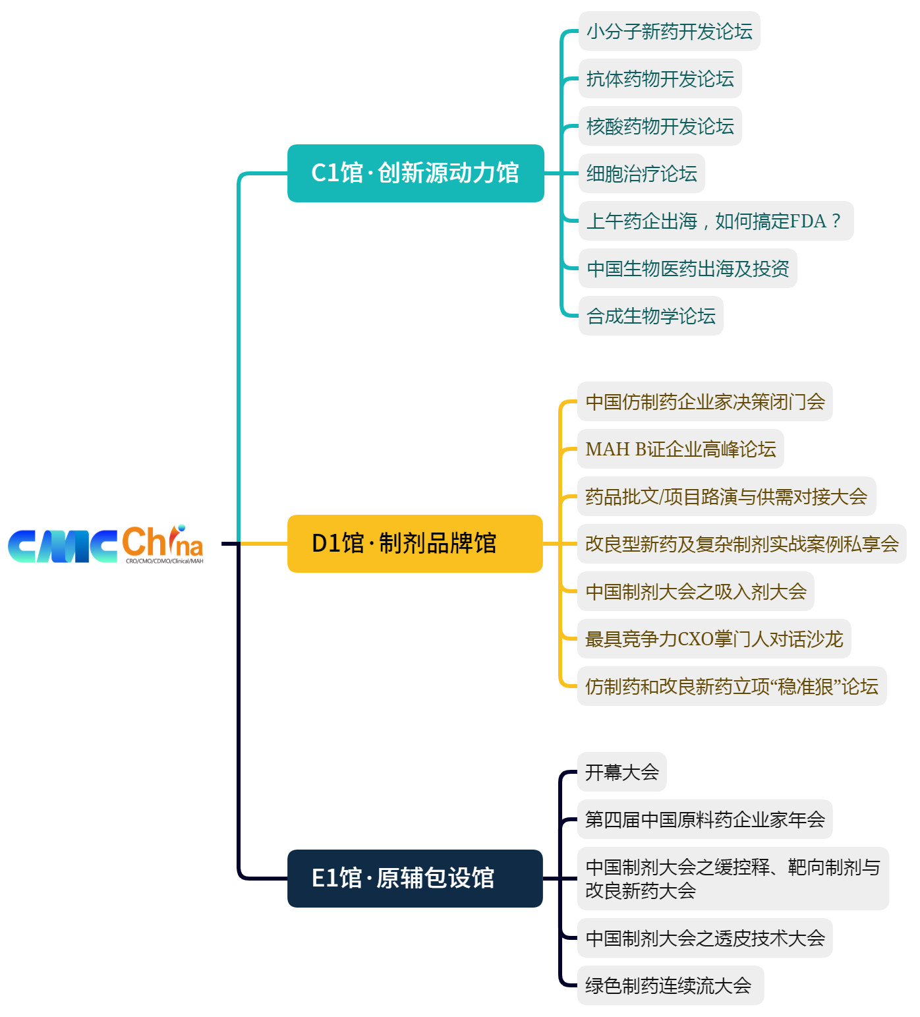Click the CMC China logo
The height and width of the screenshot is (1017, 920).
tap(105, 544)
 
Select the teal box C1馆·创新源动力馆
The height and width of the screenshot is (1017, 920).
tap(415, 173)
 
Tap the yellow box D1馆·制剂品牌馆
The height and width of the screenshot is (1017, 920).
tap(415, 544)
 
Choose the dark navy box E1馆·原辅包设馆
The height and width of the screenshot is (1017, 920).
tap(415, 879)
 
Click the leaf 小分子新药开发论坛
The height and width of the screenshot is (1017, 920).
tap(669, 31)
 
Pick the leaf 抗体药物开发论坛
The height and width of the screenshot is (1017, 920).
tap(660, 78)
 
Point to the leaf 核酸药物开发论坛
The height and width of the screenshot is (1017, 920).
tap(660, 126)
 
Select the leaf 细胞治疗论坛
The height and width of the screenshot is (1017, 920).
tap(641, 173)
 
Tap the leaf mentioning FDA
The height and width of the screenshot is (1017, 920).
tap(715, 221)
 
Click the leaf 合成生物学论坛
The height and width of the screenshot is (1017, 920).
tap(650, 316)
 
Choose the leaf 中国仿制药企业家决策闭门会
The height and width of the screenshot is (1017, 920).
tap(704, 401)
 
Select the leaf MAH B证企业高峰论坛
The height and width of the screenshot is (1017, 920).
tap(680, 449)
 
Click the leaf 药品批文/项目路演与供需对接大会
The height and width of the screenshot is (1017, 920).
tap(726, 496)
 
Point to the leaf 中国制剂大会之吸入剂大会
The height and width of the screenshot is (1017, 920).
tap(695, 591)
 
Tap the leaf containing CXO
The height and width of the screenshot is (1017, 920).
tap(714, 639)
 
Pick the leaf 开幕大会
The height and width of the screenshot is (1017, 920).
tap(621, 772)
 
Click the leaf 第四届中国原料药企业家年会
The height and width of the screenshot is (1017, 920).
tap(704, 819)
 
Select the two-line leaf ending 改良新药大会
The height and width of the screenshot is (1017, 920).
tap(732, 879)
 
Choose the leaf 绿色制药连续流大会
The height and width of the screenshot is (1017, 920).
tap(670, 985)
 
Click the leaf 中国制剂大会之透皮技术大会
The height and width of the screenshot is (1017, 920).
tap(704, 938)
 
